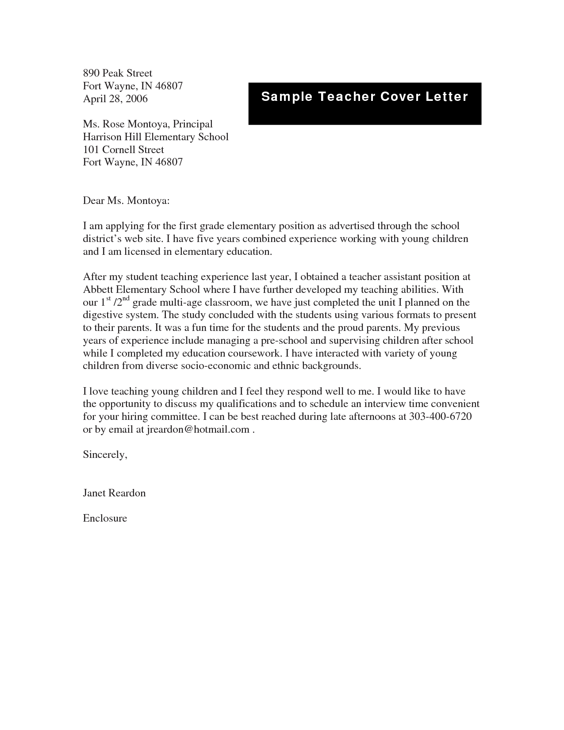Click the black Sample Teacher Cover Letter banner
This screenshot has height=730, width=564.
[364, 104]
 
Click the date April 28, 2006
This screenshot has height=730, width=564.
[115, 99]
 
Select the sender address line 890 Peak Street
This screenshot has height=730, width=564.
[117, 73]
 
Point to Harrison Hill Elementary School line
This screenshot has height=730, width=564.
[156, 137]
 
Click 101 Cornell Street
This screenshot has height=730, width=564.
[123, 150]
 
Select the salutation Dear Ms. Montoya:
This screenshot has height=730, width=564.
[126, 201]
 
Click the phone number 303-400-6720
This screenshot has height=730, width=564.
[440, 417]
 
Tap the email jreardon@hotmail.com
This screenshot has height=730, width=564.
[198, 430]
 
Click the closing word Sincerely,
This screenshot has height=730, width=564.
[105, 455]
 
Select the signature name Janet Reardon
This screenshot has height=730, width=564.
[114, 493]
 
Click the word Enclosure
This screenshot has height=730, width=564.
[105, 519]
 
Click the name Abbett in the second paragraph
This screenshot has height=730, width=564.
[98, 290]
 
